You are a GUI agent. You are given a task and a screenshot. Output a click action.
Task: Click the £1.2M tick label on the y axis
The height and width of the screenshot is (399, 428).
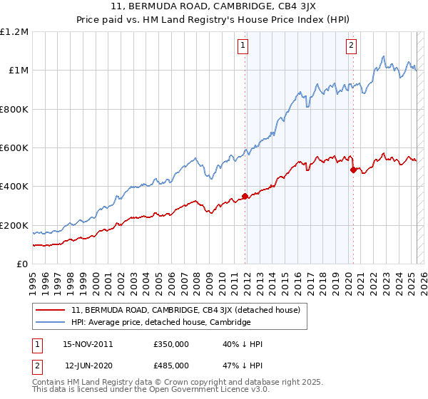pyautogui.click(x=14, y=31)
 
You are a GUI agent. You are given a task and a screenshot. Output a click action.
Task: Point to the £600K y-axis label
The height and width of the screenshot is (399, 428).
pyautogui.click(x=14, y=147)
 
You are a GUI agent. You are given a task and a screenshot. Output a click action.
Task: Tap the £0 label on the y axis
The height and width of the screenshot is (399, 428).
pyautogui.click(x=22, y=264)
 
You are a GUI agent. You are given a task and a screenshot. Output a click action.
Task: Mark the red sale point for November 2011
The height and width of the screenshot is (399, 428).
pyautogui.click(x=245, y=196)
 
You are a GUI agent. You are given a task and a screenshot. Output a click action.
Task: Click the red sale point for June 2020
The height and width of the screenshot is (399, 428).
pyautogui.click(x=352, y=170)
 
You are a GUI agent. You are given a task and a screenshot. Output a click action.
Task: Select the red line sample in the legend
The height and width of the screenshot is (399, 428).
pyautogui.click(x=51, y=310)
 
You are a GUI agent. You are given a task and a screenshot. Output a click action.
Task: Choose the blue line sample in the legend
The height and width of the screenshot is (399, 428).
pyautogui.click(x=51, y=322)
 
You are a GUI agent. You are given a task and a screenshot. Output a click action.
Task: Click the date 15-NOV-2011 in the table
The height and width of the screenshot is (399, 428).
pyautogui.click(x=88, y=344)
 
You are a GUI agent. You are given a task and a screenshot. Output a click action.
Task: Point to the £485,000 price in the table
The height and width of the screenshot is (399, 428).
pyautogui.click(x=171, y=365)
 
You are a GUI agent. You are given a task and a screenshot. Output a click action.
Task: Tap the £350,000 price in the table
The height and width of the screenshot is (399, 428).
pyautogui.click(x=171, y=344)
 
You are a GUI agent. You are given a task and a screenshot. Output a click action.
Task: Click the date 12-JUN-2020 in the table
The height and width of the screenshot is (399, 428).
pyautogui.click(x=88, y=365)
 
